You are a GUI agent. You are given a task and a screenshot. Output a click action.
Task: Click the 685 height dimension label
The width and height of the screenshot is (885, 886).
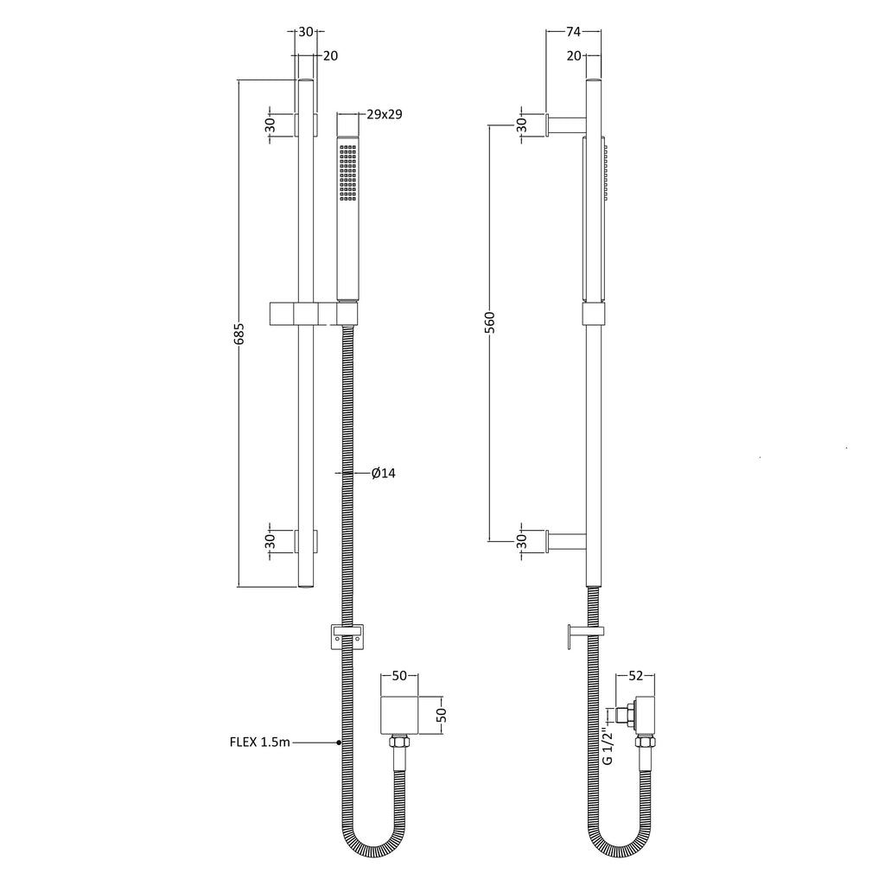239,334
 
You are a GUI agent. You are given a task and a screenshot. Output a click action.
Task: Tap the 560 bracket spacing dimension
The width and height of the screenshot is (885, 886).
490,322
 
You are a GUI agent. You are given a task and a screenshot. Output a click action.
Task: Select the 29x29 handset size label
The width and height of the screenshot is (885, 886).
385,114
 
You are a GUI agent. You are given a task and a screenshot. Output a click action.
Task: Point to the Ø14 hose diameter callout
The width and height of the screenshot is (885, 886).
383,473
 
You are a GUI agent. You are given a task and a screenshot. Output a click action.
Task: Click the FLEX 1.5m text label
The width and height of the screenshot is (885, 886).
260,742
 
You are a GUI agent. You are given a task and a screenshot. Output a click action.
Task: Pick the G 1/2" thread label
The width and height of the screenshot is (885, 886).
608,746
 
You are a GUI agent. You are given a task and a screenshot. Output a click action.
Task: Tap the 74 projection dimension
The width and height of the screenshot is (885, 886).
573,32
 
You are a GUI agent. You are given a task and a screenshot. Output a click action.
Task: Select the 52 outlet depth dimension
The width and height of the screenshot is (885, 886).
636,675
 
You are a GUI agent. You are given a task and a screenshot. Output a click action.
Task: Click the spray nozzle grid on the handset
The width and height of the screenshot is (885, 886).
348,173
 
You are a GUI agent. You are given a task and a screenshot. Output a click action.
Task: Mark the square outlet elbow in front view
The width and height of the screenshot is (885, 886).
399,716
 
